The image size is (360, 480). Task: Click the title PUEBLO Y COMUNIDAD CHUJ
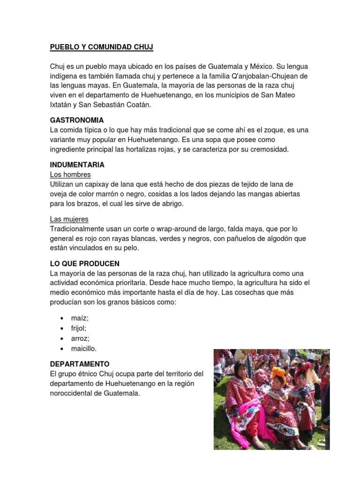[x=102, y=47]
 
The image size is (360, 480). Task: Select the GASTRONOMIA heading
[x=77, y=120]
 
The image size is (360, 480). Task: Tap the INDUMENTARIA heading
[x=77, y=165]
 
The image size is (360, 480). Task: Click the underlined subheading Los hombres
[x=70, y=174]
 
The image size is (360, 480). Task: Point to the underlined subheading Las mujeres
[x=69, y=219]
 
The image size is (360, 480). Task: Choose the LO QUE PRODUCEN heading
[x=85, y=263]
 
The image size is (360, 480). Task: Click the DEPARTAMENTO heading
[x=80, y=364]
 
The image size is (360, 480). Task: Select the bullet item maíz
[x=80, y=318]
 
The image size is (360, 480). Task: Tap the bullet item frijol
[x=79, y=328]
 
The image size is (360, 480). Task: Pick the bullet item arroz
[x=80, y=338]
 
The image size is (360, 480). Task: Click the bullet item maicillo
[x=84, y=349]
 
